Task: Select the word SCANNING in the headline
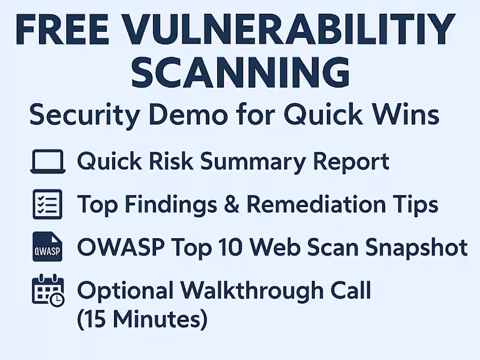240,74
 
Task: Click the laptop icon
47,162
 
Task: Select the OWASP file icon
47,247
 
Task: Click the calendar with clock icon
47,290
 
